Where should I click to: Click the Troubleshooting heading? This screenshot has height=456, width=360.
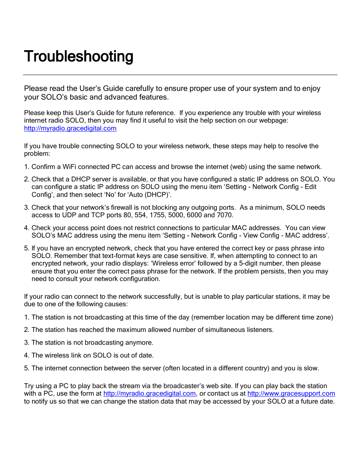pyautogui.click(x=78, y=57)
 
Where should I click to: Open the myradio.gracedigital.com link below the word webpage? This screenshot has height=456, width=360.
pyautogui.click(x=70, y=128)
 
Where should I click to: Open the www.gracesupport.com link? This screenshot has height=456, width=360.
pyautogui.click(x=291, y=394)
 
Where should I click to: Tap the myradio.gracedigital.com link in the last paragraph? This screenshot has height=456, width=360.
pyautogui.click(x=149, y=394)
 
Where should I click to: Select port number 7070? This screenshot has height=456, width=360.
pyautogui.click(x=225, y=215)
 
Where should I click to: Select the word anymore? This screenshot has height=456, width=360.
pyautogui.click(x=140, y=342)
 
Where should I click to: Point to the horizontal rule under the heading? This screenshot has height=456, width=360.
pyautogui.click(x=180, y=75)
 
